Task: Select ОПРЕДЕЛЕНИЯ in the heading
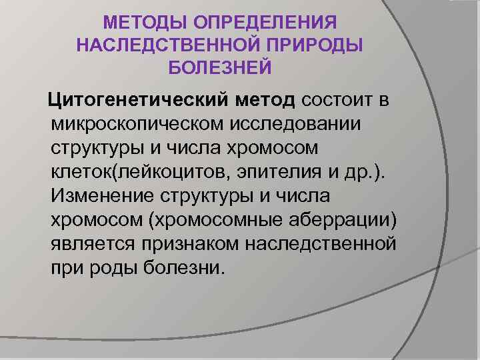pos(264,23)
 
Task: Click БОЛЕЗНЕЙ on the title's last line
pos(221,67)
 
